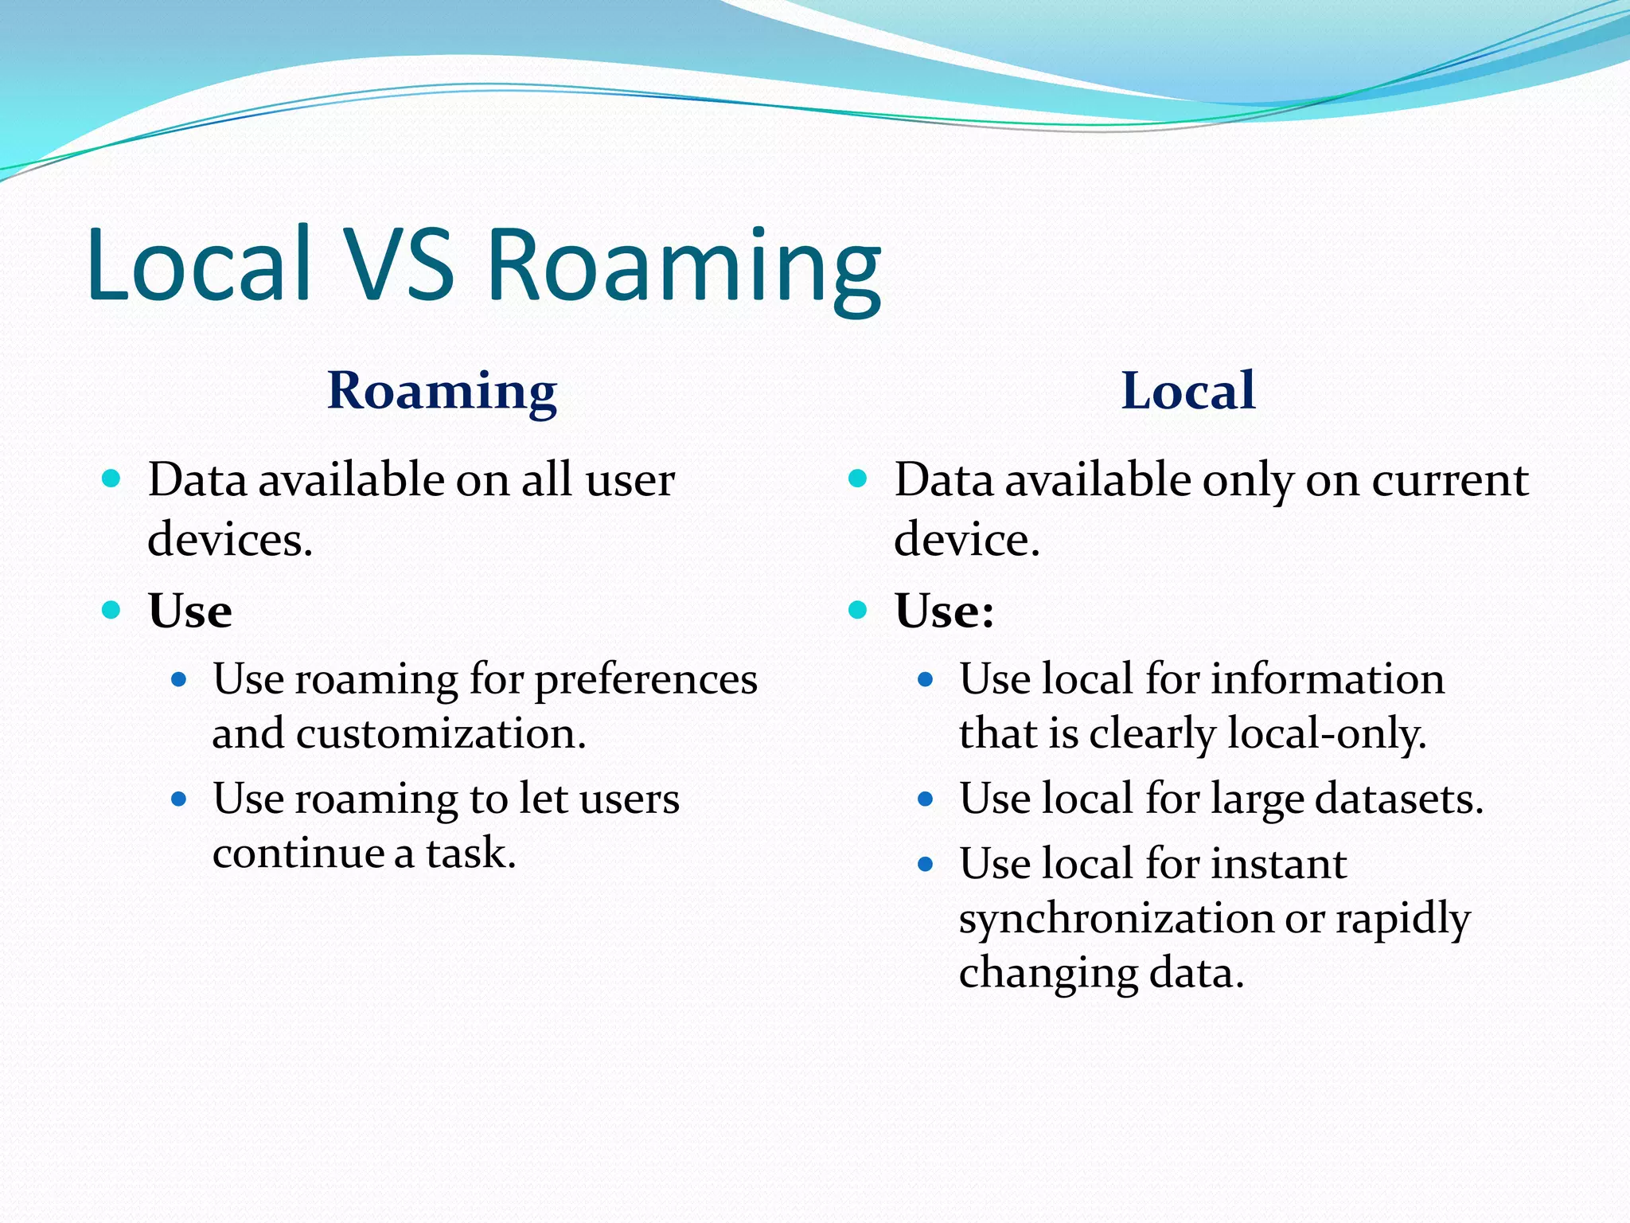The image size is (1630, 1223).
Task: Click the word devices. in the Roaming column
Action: (x=230, y=540)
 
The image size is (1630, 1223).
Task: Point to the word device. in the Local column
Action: (x=966, y=540)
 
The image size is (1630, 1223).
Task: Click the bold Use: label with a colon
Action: (x=944, y=611)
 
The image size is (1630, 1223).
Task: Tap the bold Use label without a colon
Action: (x=190, y=611)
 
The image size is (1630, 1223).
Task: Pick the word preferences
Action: (x=645, y=682)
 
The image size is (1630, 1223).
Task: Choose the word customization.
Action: (x=441, y=734)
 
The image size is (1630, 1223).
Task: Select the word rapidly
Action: (x=1402, y=920)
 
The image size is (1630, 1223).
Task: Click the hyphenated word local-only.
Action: (x=1326, y=734)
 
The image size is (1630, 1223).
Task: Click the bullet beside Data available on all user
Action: (x=111, y=479)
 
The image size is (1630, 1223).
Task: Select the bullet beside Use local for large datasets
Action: (x=925, y=799)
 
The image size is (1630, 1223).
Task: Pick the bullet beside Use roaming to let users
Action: (x=179, y=799)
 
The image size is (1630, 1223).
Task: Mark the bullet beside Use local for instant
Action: (x=925, y=864)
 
